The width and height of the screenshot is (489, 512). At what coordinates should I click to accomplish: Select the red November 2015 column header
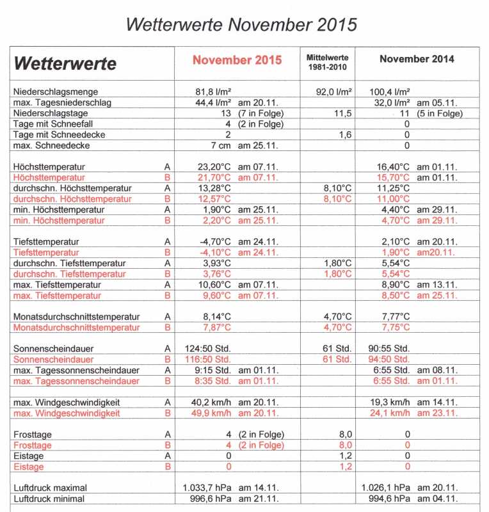pyautogui.click(x=237, y=60)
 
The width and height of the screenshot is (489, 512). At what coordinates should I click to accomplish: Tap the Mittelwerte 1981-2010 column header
pyautogui.click(x=327, y=62)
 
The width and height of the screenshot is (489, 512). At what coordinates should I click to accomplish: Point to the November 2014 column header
pyautogui.click(x=417, y=59)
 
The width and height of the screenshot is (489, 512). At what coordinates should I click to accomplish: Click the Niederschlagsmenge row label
pyautogui.click(x=56, y=92)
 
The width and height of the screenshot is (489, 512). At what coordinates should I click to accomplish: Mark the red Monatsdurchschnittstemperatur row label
pyautogui.click(x=76, y=328)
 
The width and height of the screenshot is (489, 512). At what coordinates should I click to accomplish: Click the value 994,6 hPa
pyautogui.click(x=387, y=499)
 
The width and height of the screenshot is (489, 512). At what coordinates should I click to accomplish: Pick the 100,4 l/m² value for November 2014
pyautogui.click(x=390, y=92)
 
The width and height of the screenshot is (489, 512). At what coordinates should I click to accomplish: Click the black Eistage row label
pyautogui.click(x=29, y=456)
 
